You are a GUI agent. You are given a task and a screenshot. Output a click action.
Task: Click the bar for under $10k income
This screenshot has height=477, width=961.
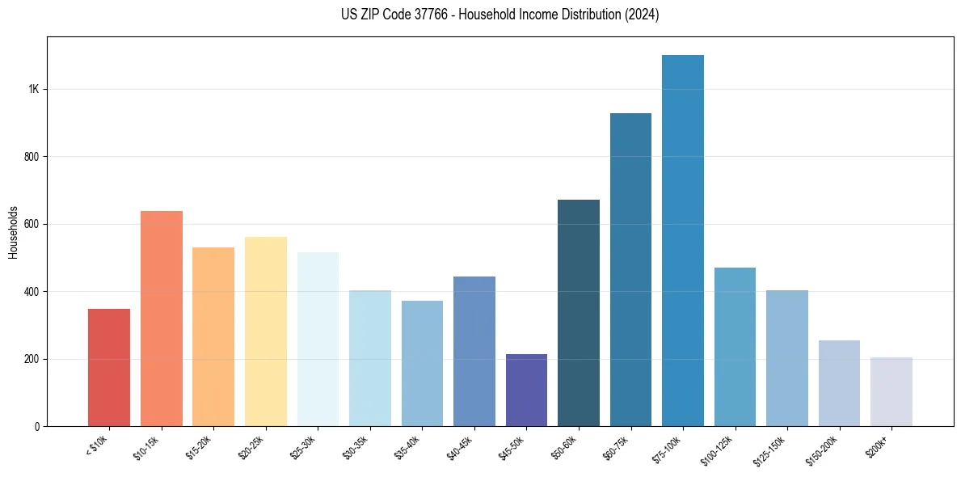(x=109, y=367)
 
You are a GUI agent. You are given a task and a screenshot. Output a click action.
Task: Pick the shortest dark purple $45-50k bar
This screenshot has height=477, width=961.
(x=526, y=390)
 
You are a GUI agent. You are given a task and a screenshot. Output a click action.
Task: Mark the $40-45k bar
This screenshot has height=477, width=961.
(x=474, y=351)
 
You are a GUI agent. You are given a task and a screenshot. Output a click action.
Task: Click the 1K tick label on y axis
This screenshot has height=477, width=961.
(x=34, y=89)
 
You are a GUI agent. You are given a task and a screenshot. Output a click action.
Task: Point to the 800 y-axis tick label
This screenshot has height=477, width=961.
(x=32, y=157)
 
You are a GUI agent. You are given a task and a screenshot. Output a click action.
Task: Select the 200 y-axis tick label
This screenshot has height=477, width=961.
(x=32, y=359)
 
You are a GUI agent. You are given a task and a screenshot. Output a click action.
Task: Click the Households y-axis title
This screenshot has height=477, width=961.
(x=14, y=231)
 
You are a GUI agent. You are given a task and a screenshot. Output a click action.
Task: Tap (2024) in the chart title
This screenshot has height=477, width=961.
(x=643, y=15)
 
